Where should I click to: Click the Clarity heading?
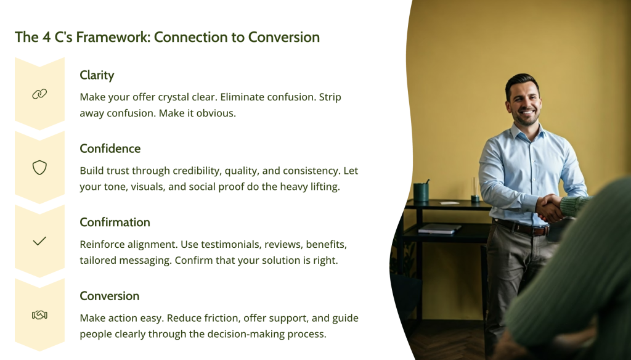97,75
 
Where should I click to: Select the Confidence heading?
110,149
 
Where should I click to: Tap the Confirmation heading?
115,222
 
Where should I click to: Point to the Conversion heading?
109,296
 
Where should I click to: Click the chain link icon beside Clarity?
39,94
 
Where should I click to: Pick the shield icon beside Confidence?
39,168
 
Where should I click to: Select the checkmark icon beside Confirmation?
39,241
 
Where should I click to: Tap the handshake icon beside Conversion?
39,315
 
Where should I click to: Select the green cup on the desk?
421,192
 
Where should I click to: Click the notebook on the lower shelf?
439,228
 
